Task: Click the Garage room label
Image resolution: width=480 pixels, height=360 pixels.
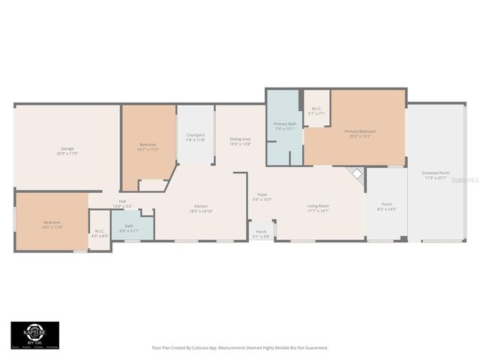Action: click(67, 151)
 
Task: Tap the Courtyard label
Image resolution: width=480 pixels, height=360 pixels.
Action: click(195, 137)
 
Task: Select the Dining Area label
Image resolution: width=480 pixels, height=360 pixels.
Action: click(240, 140)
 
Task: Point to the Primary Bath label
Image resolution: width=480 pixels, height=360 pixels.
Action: click(285, 125)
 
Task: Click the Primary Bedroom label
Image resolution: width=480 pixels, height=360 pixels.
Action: click(360, 133)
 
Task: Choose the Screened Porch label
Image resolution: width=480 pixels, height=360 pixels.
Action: click(435, 175)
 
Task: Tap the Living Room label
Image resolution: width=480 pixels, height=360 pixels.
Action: click(318, 208)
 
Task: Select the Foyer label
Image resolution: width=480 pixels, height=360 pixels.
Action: click(262, 196)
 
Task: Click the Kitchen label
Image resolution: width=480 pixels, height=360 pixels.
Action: click(201, 208)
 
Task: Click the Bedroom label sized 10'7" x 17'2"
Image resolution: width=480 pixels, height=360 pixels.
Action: click(148, 146)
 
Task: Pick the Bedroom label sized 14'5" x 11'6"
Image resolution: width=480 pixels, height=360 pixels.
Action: click(52, 224)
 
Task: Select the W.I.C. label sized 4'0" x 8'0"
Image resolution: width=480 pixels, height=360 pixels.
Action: click(100, 232)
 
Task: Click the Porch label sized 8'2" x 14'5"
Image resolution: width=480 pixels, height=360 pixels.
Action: click(386, 206)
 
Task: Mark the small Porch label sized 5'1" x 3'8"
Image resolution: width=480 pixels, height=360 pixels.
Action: click(261, 234)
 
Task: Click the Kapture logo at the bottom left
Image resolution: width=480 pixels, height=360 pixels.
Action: click(34, 334)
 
